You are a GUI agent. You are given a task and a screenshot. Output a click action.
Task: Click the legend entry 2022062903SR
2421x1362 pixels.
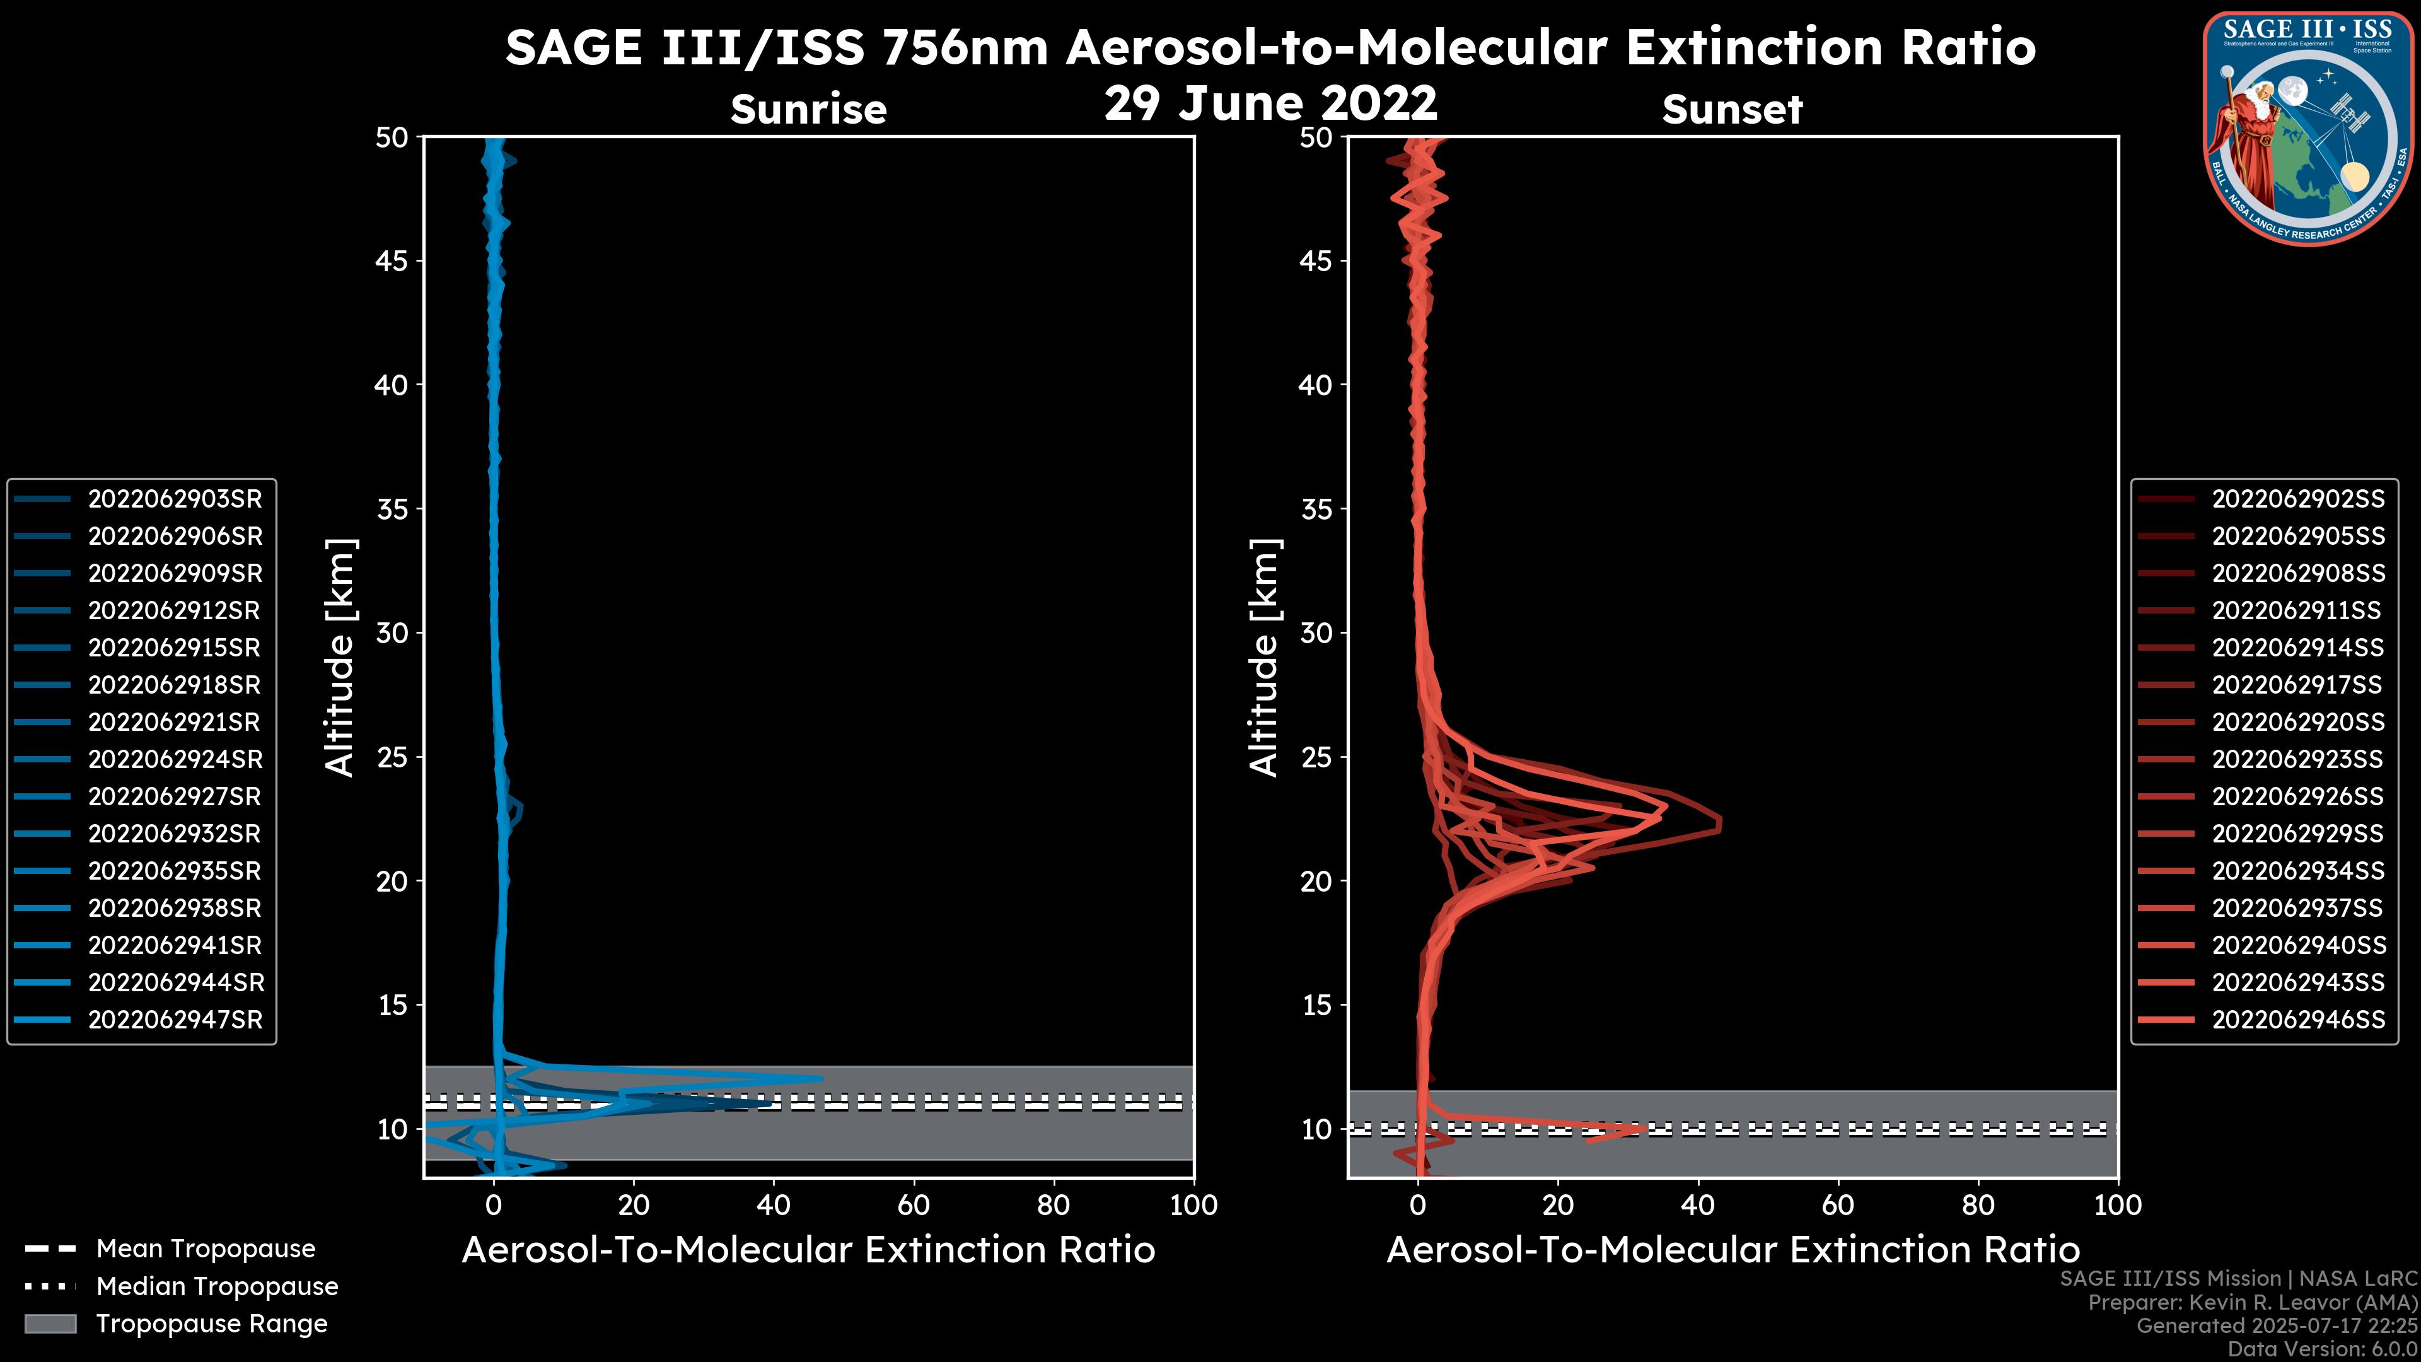(175, 499)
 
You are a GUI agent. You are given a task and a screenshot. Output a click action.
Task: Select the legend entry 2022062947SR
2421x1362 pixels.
(175, 1020)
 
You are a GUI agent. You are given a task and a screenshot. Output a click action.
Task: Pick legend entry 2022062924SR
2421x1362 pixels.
(175, 759)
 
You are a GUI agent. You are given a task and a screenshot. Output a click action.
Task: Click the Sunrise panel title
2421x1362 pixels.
(808, 110)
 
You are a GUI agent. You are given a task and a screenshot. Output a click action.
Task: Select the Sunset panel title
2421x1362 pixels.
(1732, 110)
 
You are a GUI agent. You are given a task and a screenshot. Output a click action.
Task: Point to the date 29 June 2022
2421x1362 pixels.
(1270, 103)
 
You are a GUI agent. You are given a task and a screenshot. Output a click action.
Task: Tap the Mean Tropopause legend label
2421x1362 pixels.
(206, 1249)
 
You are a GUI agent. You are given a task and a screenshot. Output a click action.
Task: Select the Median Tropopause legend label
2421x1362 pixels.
(217, 1287)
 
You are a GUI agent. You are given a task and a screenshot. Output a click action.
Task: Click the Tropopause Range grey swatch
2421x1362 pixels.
(50, 1324)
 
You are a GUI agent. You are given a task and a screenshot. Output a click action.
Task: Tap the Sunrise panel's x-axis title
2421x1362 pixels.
(808, 1250)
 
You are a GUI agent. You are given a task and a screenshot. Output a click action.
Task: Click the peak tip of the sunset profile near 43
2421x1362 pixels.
(1720, 824)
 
